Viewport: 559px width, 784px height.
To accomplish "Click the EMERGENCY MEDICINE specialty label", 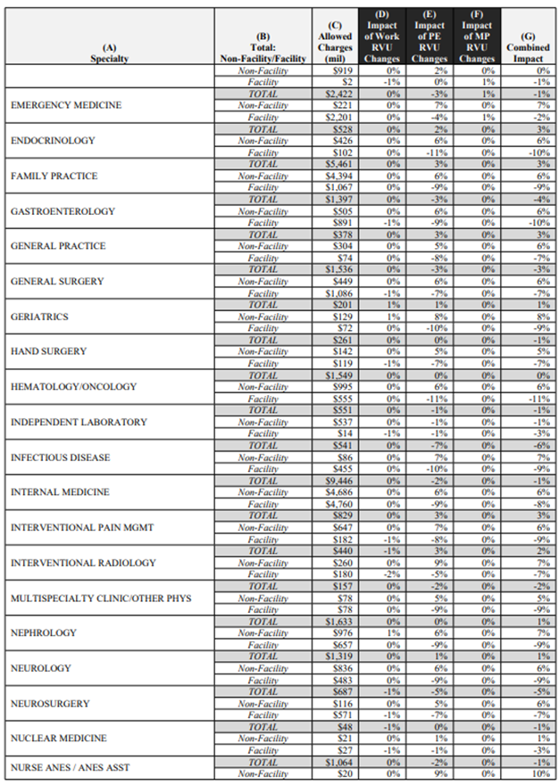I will [66, 105].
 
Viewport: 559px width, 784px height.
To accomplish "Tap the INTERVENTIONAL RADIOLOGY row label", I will [83, 563].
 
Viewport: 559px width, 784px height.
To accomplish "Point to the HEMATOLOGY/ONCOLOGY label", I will [73, 386].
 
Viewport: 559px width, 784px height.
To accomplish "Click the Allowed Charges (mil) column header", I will [335, 40].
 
